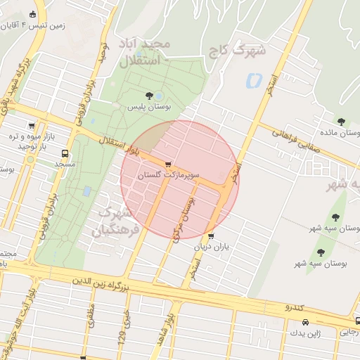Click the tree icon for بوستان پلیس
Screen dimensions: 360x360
pyautogui.click(x=148, y=95)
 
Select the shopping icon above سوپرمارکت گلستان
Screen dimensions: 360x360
pyautogui.click(x=167, y=164)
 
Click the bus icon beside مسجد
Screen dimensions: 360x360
pyautogui.click(x=65, y=153)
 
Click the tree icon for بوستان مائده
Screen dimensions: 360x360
pyautogui.click(x=341, y=122)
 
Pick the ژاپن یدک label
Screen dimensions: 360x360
pyautogui.click(x=305, y=333)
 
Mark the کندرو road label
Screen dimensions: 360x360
pyautogui.click(x=294, y=308)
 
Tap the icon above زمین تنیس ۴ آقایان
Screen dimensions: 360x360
pyautogui.click(x=32, y=14)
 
